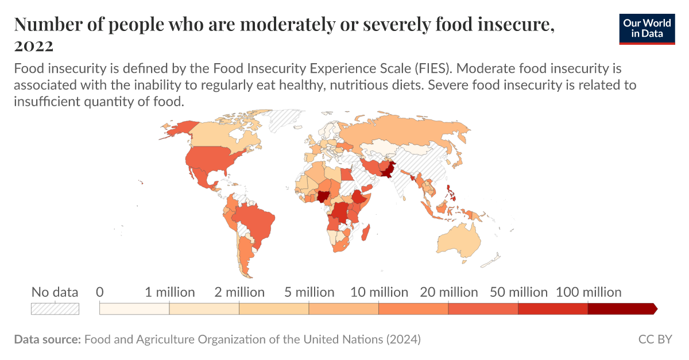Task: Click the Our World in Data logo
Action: click(x=647, y=28)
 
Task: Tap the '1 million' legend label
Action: click(x=169, y=292)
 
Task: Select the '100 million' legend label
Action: click(x=588, y=292)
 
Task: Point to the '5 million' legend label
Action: click(x=309, y=292)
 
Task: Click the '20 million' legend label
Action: click(x=448, y=292)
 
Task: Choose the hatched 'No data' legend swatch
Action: click(x=55, y=308)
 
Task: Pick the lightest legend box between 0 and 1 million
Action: click(x=134, y=309)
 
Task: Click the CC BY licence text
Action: click(x=655, y=339)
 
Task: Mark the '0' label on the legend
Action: click(x=100, y=292)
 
